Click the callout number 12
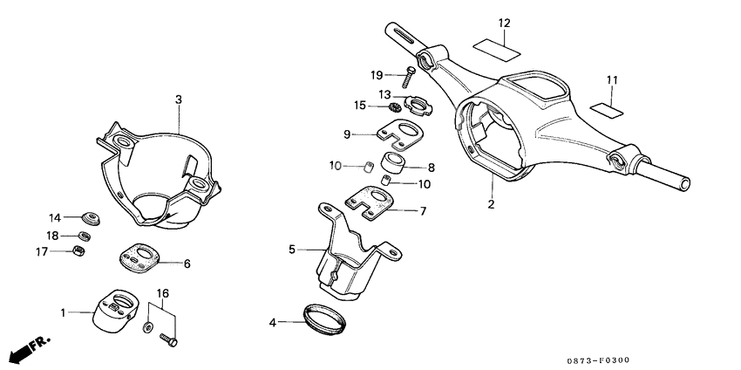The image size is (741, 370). tap(505, 23)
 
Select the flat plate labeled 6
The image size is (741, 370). tap(139, 257)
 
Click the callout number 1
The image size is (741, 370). tap(63, 312)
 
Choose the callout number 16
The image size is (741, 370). tap(163, 293)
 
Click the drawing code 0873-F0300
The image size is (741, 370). tap(597, 360)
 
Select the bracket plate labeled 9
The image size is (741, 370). tap(398, 134)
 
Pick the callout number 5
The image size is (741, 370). tap(292, 250)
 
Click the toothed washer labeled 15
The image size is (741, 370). tap(394, 107)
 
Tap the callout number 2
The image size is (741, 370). tap(491, 204)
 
